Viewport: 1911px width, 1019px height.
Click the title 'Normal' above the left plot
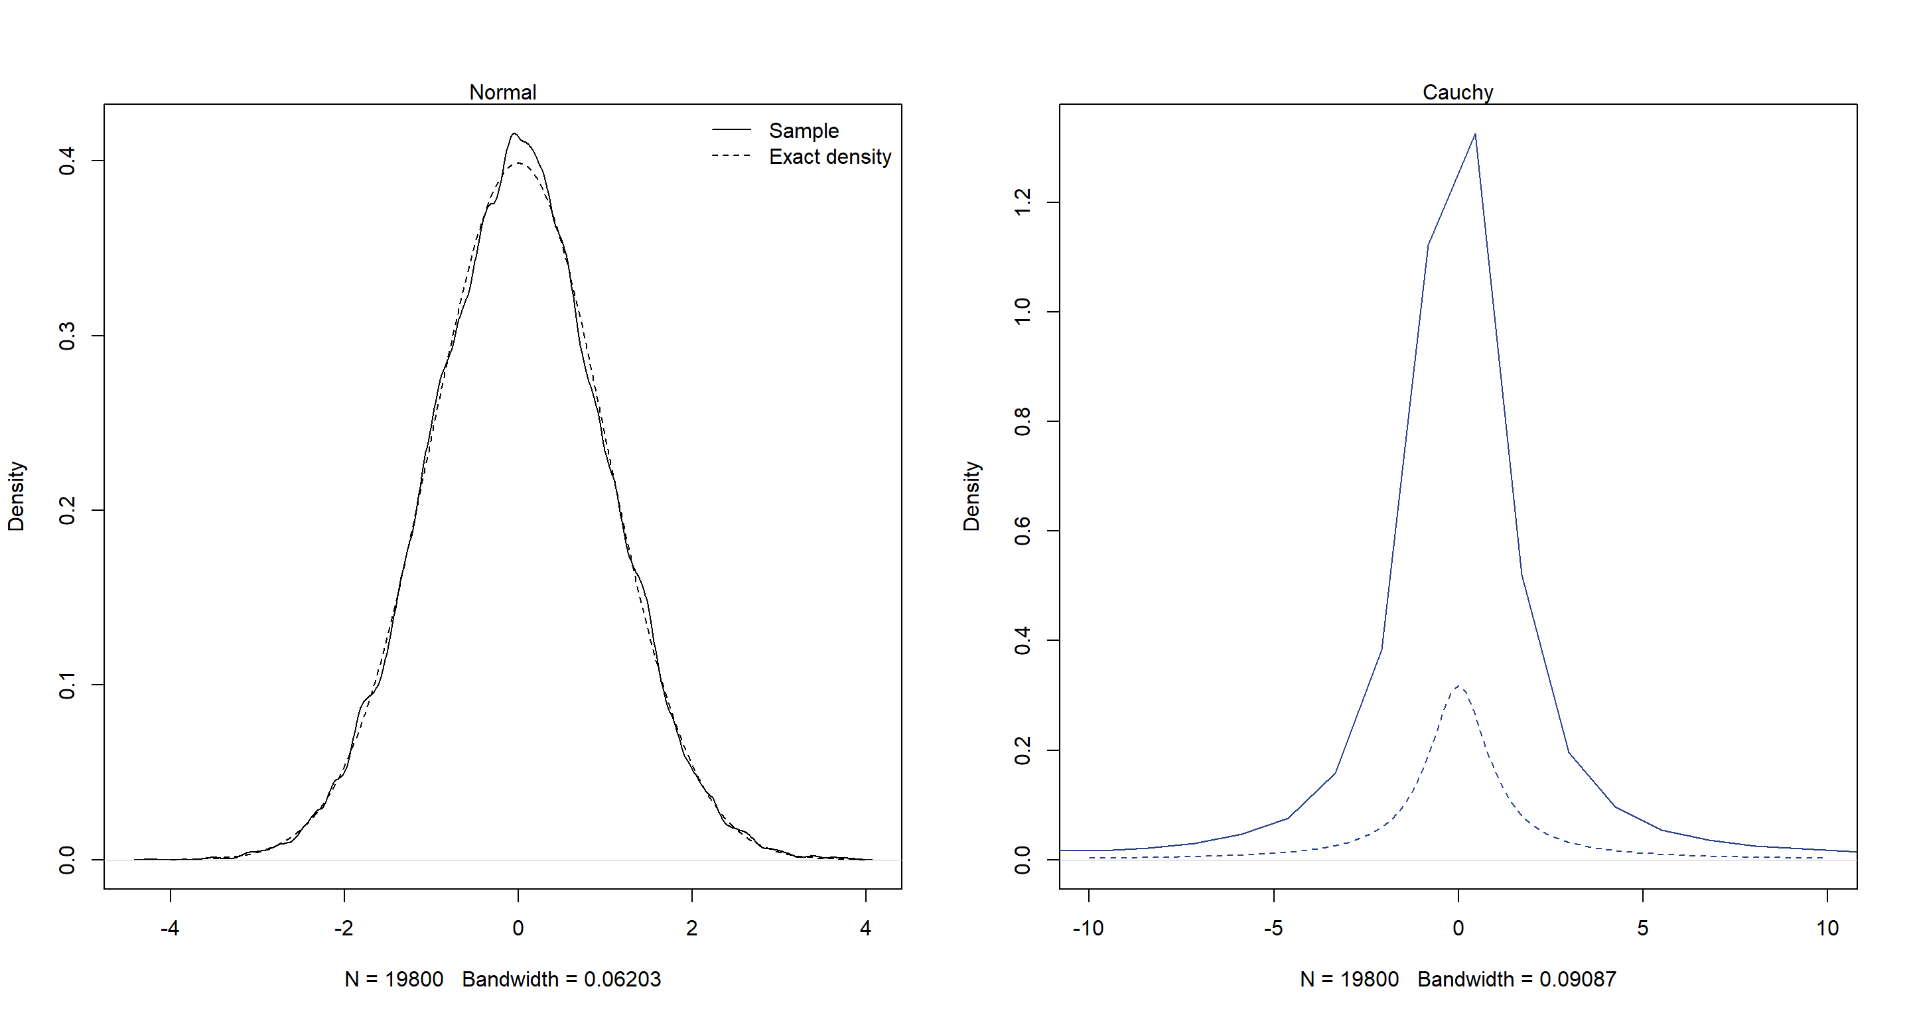pyautogui.click(x=502, y=92)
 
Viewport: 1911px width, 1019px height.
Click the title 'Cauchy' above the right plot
pyautogui.click(x=1457, y=92)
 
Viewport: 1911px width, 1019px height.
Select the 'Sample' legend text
pyautogui.click(x=804, y=131)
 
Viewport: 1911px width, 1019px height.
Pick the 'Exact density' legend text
pyautogui.click(x=829, y=157)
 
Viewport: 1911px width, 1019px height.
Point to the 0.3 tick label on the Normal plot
pyautogui.click(x=67, y=335)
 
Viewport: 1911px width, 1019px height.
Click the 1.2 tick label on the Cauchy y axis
pyautogui.click(x=1022, y=202)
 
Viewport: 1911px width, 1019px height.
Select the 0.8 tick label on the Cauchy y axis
pyautogui.click(x=1022, y=421)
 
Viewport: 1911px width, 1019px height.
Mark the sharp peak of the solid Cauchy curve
pyautogui.click(x=1475, y=135)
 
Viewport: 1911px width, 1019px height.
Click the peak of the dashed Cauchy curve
pyautogui.click(x=1458, y=686)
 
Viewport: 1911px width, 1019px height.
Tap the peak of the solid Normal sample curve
pyautogui.click(x=514, y=134)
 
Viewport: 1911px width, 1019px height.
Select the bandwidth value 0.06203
pyautogui.click(x=622, y=979)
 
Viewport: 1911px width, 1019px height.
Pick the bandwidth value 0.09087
pyautogui.click(x=1577, y=979)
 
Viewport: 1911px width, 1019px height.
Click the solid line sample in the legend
pyautogui.click(x=731, y=130)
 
